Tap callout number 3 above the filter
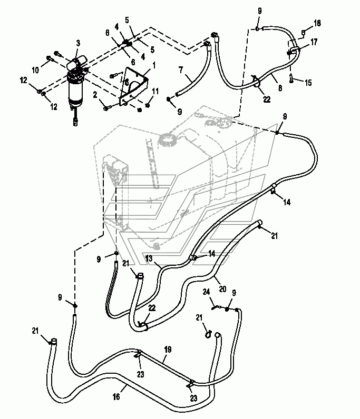77,43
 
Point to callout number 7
180,69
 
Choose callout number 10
36,70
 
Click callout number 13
149,258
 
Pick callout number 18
317,23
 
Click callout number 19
167,349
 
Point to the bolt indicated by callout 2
107,108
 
